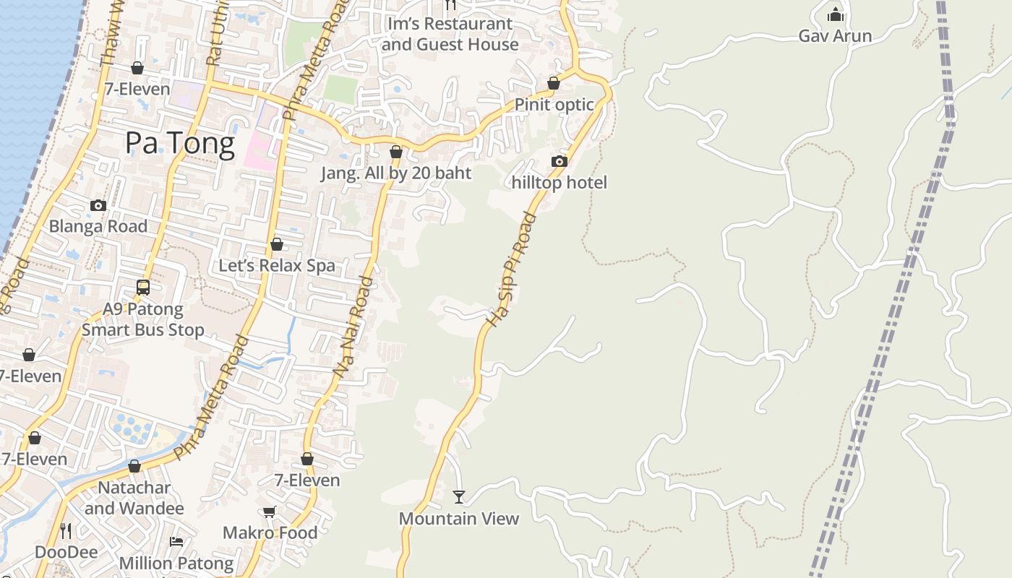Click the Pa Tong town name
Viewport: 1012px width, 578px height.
(x=180, y=144)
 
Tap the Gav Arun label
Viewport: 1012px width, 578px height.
(x=835, y=35)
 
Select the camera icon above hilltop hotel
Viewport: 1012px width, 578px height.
(x=559, y=161)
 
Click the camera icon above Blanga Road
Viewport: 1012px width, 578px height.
(x=98, y=205)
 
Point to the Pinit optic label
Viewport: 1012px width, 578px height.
(x=554, y=105)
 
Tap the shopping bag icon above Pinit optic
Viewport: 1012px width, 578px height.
(x=554, y=83)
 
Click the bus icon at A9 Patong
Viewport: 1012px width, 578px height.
(x=143, y=288)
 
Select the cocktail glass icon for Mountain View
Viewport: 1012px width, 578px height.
(x=459, y=497)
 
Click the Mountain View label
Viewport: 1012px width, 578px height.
(x=459, y=519)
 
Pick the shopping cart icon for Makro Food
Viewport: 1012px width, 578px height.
(x=270, y=512)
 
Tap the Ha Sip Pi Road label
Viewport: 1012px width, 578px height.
(x=510, y=270)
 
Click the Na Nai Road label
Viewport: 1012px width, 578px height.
(x=353, y=327)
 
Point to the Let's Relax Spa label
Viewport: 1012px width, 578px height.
(x=277, y=265)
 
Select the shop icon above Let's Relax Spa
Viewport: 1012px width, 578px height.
(x=277, y=244)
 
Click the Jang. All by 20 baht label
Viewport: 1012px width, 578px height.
(x=396, y=173)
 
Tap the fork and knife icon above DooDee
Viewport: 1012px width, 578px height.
(x=66, y=531)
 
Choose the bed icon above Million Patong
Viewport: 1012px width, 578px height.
(x=176, y=542)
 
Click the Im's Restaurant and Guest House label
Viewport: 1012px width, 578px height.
(x=450, y=34)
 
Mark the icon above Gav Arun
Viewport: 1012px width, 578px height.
(x=836, y=14)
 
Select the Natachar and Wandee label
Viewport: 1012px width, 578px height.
(x=134, y=498)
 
